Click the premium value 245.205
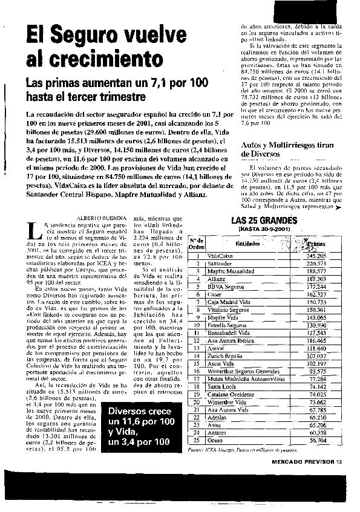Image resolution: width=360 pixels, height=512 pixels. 313,256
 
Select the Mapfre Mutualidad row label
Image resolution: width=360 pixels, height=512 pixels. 231,271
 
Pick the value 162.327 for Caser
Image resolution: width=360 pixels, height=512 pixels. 313,294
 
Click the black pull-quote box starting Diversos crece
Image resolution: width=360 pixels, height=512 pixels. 140,427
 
